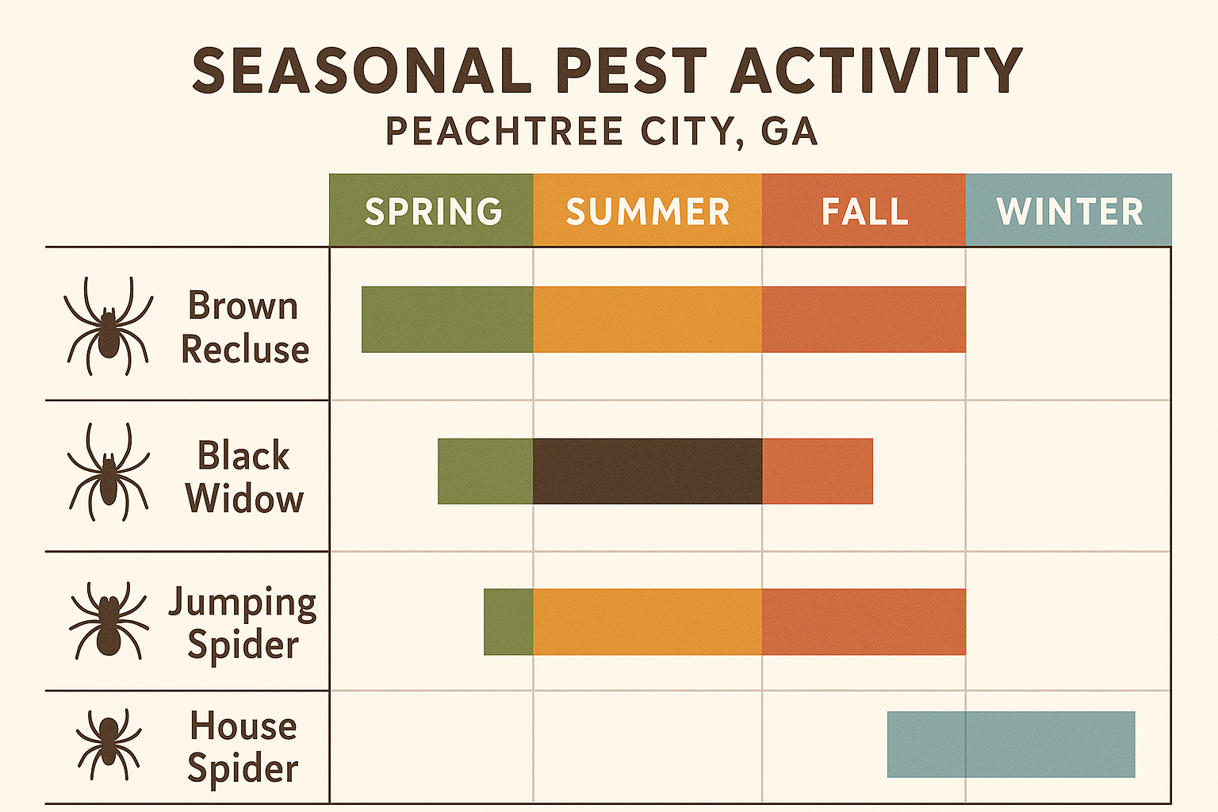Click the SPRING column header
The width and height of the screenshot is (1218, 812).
(432, 211)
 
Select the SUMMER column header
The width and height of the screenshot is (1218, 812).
(647, 211)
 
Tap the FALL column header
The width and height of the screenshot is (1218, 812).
(864, 211)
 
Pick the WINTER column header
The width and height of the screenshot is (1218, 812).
(1069, 211)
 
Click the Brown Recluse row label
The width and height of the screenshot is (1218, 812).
(244, 327)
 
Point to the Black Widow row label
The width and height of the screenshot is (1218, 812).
(244, 477)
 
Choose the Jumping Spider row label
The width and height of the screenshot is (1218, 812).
(243, 623)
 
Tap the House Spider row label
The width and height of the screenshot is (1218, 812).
(243, 747)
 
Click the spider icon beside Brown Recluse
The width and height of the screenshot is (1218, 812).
(109, 326)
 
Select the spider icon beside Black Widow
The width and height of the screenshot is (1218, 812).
(109, 473)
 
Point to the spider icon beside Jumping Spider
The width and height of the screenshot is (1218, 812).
(109, 621)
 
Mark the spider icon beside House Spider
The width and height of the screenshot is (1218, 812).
(109, 744)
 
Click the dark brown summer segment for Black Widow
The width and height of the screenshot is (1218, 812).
(647, 471)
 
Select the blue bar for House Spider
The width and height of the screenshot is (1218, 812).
(1011, 745)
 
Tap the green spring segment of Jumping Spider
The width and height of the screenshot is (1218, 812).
(508, 622)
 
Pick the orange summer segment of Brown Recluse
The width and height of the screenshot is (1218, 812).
(647, 320)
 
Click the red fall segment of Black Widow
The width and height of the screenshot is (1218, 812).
(818, 471)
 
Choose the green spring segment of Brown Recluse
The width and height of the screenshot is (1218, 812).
(447, 320)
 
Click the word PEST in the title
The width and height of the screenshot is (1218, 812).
(631, 71)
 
